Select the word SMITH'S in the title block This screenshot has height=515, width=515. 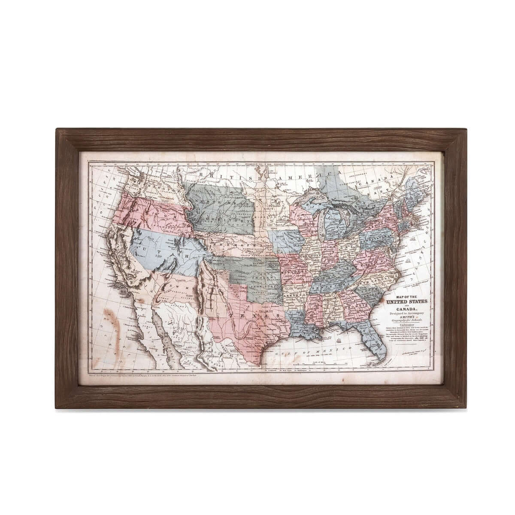click(405, 317)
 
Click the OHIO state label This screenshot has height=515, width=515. click(346, 248)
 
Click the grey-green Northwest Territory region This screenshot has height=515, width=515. click(219, 206)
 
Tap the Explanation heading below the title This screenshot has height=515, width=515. click(405, 325)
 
